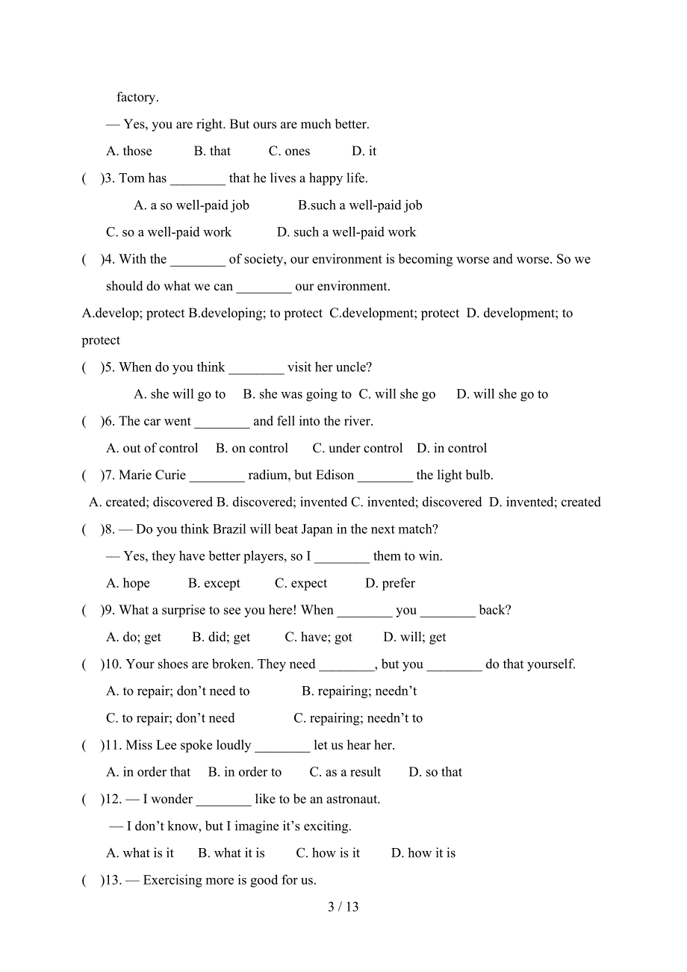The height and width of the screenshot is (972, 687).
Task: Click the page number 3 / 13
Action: (x=343, y=907)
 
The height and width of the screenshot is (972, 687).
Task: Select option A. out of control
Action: (x=152, y=449)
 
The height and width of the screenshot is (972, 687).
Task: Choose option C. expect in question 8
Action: (x=301, y=584)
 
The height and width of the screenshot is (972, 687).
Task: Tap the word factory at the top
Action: (x=137, y=98)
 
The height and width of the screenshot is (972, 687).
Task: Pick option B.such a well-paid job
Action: (x=360, y=205)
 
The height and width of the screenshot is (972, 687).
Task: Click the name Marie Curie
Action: (x=152, y=476)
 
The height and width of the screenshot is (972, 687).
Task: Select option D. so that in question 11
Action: (x=435, y=773)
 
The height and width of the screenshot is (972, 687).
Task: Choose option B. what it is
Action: (x=231, y=853)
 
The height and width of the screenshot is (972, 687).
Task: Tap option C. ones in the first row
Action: (x=289, y=152)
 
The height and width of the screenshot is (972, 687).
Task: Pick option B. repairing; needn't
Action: (x=359, y=691)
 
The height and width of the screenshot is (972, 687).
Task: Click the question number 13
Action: (x=113, y=880)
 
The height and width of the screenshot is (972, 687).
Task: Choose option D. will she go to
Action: (x=502, y=394)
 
